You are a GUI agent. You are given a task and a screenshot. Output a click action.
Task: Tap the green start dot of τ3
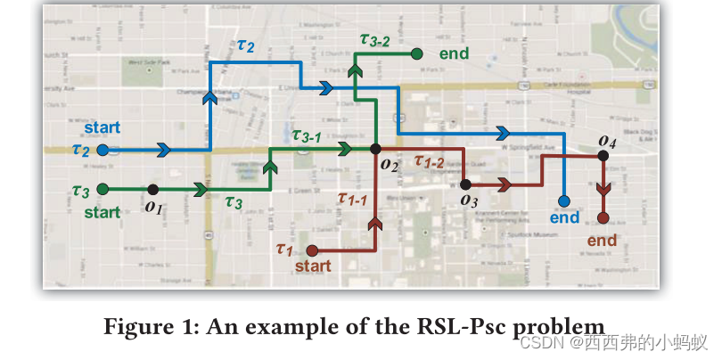(x=103, y=189)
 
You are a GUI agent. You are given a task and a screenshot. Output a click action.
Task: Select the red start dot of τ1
(x=312, y=251)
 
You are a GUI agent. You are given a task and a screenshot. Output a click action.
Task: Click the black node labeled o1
(x=153, y=189)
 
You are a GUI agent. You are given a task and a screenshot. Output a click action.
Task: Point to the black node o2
(x=375, y=149)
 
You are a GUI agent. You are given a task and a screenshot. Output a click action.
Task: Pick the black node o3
(x=464, y=184)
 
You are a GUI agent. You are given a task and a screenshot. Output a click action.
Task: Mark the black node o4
(x=603, y=155)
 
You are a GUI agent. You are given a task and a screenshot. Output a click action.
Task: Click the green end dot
(x=416, y=53)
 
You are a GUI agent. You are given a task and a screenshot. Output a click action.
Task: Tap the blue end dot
(x=564, y=201)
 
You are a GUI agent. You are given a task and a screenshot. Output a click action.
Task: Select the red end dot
(x=603, y=218)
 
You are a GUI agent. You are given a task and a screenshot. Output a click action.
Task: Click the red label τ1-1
(x=352, y=199)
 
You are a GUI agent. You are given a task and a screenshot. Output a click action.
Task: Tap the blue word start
(x=102, y=127)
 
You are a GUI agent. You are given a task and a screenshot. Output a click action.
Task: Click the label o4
(x=607, y=140)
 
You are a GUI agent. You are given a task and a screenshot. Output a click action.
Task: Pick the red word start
(x=312, y=266)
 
